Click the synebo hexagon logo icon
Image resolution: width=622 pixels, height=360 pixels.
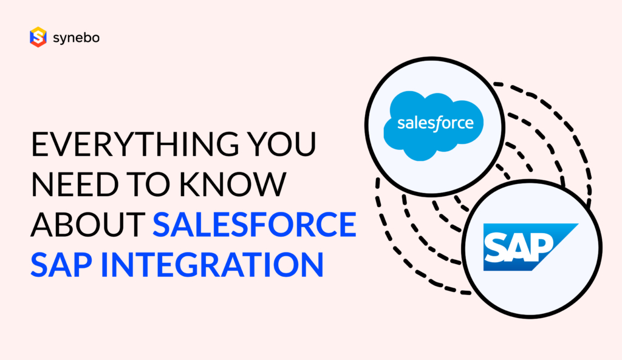point(38,37)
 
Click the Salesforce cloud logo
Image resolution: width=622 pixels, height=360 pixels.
point(434,125)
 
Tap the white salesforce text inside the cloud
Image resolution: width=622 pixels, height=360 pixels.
point(434,123)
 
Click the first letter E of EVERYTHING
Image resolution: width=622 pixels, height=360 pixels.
point(39,148)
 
